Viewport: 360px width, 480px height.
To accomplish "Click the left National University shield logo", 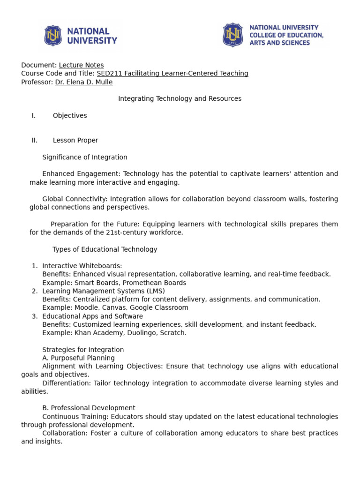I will point(53,36).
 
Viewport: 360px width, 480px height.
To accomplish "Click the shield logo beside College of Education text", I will point(232,35).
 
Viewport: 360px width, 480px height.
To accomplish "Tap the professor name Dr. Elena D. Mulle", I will point(84,82).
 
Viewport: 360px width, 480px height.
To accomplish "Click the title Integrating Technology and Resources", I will point(180,99).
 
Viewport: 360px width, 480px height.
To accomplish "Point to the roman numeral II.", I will point(34,140).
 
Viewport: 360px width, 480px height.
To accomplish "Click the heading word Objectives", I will point(70,116).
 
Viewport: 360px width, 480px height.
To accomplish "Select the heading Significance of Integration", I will point(85,157).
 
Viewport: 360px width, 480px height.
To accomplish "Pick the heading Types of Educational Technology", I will point(105,249).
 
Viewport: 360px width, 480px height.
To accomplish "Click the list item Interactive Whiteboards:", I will point(82,266).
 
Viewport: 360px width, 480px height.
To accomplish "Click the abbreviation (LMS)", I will point(156,291).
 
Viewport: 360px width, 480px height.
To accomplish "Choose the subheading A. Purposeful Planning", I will point(78,358).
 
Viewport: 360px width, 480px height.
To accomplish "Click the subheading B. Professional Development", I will point(89,408).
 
